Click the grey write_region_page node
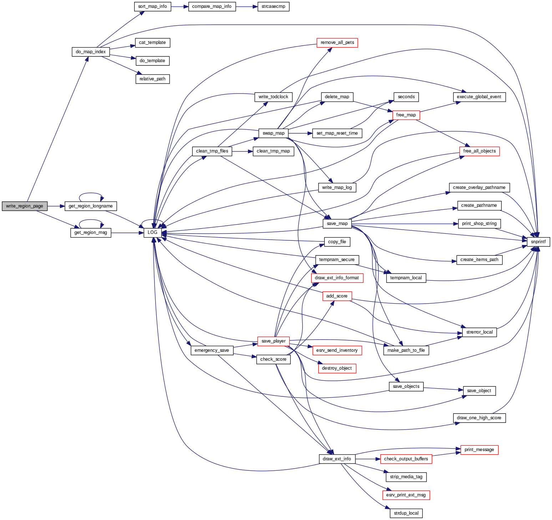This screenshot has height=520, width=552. [x=25, y=206]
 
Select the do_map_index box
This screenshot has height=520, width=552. [x=91, y=51]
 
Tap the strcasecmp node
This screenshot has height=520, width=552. [x=273, y=6]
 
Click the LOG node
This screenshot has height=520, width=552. [x=152, y=232]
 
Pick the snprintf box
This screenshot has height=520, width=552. [x=538, y=242]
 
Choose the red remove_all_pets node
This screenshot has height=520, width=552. [x=337, y=42]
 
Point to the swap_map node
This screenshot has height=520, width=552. [x=273, y=133]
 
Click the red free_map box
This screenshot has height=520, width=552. [x=406, y=115]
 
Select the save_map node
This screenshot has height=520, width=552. [x=337, y=224]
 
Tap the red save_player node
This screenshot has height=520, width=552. [x=273, y=341]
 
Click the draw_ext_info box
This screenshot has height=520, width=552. [x=337, y=459]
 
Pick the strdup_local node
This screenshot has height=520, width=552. [x=406, y=513]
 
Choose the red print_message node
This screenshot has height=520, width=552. [x=479, y=450]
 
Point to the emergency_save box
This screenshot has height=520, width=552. [x=212, y=350]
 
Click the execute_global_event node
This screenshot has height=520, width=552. [x=479, y=97]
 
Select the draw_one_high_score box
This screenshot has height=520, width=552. [x=479, y=418]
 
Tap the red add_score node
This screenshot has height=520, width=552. [x=337, y=296]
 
